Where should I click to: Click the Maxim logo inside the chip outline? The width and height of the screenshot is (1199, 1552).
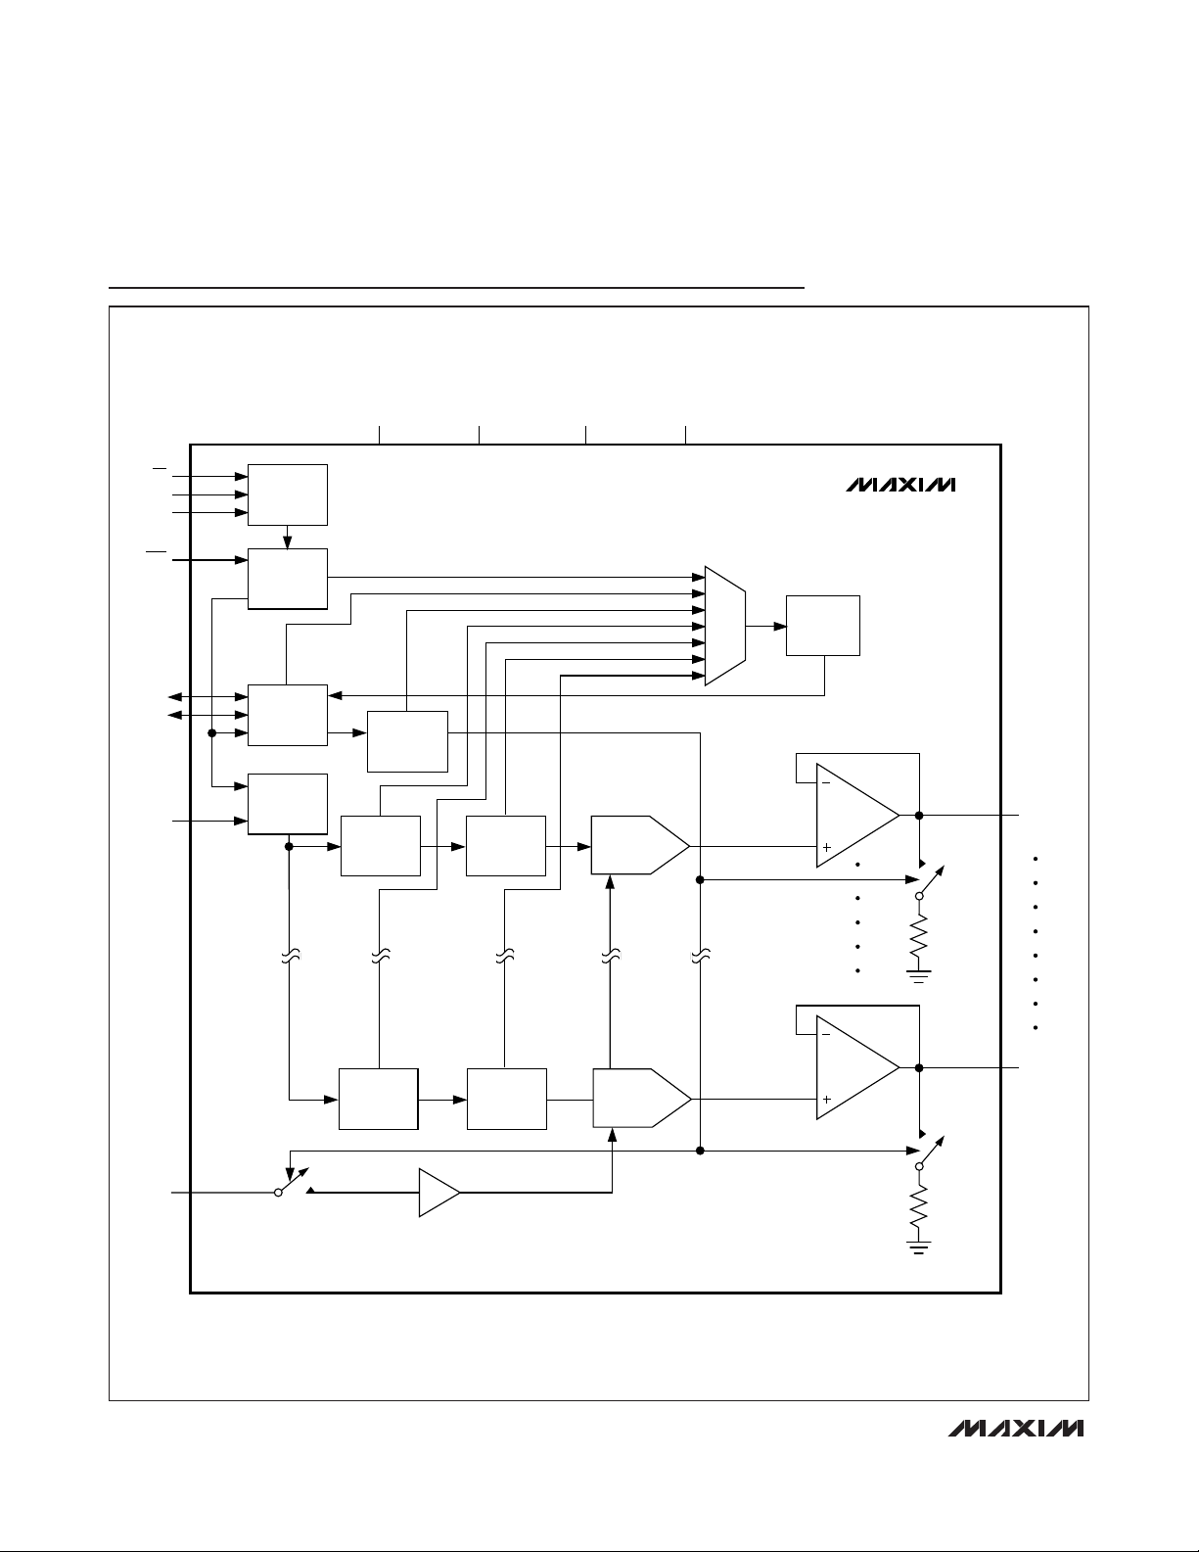click(900, 485)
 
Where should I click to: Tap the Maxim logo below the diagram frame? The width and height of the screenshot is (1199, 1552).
click(1016, 1429)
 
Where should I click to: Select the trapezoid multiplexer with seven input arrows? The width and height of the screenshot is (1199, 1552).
click(725, 626)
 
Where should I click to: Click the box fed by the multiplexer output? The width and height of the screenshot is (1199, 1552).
click(823, 625)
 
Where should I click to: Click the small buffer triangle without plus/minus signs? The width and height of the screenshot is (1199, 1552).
click(438, 1193)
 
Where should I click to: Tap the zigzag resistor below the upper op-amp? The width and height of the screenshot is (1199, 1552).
click(919, 937)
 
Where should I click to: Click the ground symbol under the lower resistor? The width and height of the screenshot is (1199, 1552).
click(919, 1247)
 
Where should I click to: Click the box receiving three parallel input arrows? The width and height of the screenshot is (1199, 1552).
click(288, 494)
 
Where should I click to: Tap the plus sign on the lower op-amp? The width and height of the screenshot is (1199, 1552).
click(827, 1100)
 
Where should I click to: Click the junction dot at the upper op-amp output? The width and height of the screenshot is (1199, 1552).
click(919, 815)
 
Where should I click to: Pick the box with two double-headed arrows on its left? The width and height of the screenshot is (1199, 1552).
click(288, 715)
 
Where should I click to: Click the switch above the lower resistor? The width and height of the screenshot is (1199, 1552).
click(929, 1152)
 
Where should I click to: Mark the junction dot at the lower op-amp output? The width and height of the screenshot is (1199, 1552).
click(919, 1067)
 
